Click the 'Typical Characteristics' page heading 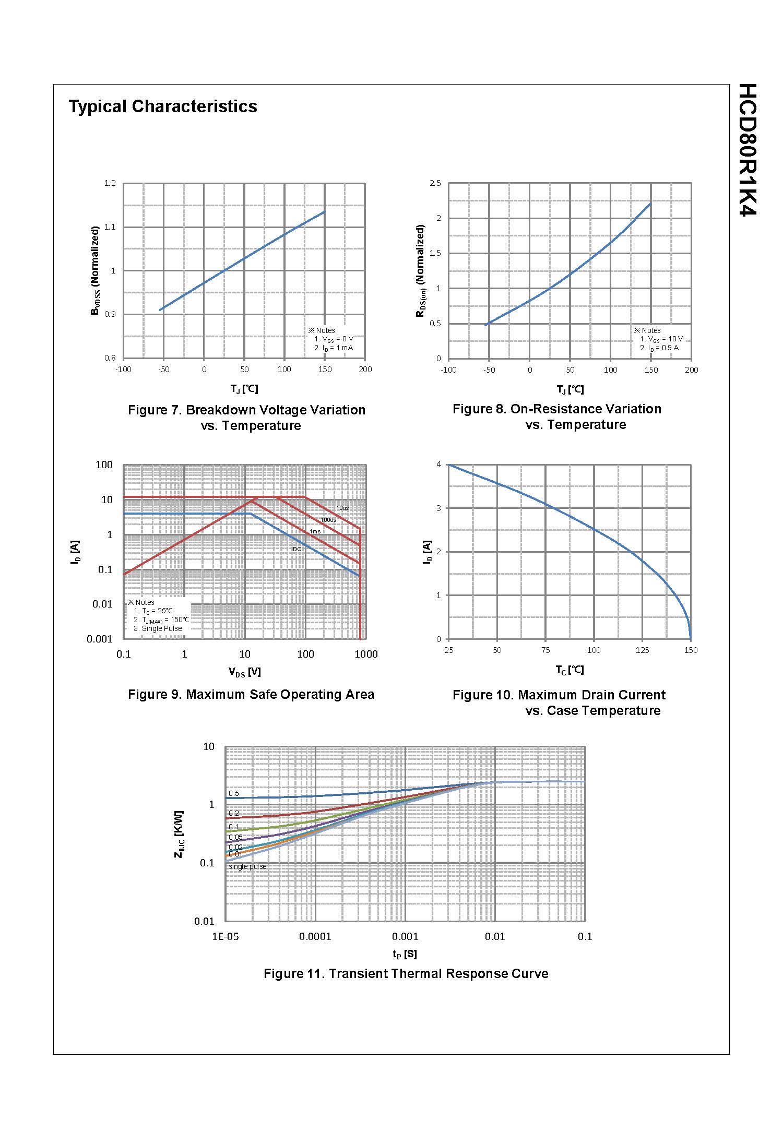pyautogui.click(x=163, y=106)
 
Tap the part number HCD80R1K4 pyautogui.click(x=748, y=149)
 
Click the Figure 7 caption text pyautogui.click(x=246, y=418)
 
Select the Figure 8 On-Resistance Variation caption pyautogui.click(x=557, y=416)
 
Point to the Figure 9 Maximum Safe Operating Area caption pyautogui.click(x=251, y=695)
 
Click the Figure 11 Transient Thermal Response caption pyautogui.click(x=406, y=973)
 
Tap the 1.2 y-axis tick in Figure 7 pyautogui.click(x=110, y=183)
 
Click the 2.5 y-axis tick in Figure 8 pyautogui.click(x=435, y=183)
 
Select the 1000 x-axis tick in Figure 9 pyautogui.click(x=366, y=654)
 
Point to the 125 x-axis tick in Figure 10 pyautogui.click(x=642, y=650)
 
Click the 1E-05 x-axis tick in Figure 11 pyautogui.click(x=225, y=936)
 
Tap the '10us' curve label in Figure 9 pyautogui.click(x=342, y=508)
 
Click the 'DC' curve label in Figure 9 pyautogui.click(x=296, y=549)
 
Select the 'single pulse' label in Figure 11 pyautogui.click(x=247, y=866)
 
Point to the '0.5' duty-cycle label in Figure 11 pyautogui.click(x=234, y=793)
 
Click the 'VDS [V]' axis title pyautogui.click(x=244, y=672)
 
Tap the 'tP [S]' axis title pyautogui.click(x=405, y=954)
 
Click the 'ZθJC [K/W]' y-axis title pyautogui.click(x=179, y=834)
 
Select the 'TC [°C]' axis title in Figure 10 pyautogui.click(x=570, y=670)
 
